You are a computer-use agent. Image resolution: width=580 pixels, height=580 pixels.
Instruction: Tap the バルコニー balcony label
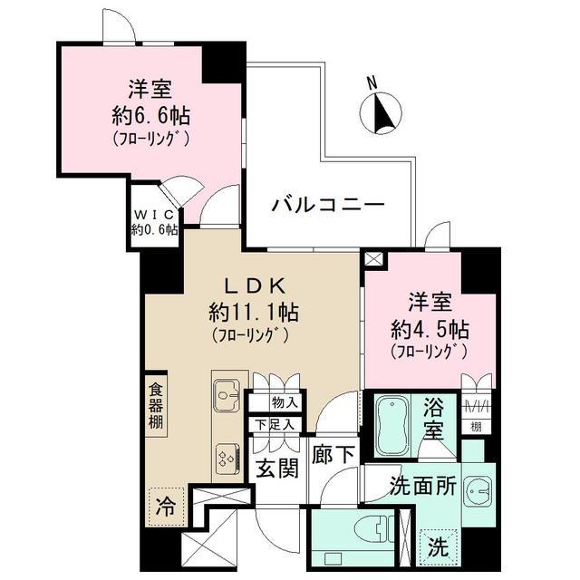coord(328,205)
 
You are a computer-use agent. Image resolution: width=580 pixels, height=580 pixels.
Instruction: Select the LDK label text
coord(252,285)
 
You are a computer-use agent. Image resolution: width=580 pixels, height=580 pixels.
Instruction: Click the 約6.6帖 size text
coord(150,117)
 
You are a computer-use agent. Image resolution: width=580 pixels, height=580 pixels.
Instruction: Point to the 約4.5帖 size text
coord(430,327)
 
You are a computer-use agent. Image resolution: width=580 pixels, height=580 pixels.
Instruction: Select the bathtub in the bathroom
coord(393,422)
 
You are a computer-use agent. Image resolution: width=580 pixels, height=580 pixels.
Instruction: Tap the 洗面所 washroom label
coord(422,485)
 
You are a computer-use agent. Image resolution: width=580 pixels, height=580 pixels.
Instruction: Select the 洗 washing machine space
coord(438,546)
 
